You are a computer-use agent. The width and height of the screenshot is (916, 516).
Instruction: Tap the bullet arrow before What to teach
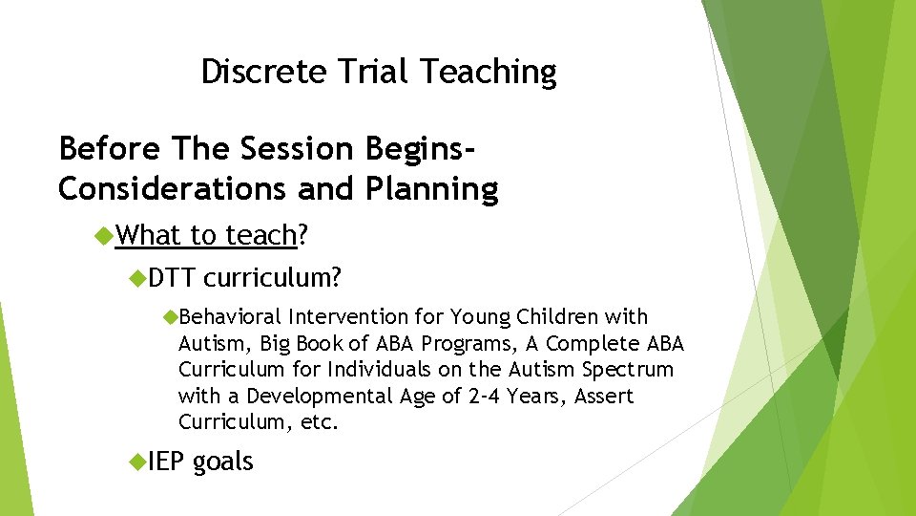105,235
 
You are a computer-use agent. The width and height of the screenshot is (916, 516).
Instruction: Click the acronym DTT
172,277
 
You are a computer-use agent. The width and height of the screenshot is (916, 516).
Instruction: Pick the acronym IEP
167,462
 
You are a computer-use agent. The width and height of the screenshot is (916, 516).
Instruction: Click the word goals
223,462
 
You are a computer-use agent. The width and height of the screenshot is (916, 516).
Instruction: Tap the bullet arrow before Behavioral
170,316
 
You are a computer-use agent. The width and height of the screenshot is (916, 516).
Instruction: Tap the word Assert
604,396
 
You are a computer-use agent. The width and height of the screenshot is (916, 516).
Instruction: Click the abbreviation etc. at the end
320,421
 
